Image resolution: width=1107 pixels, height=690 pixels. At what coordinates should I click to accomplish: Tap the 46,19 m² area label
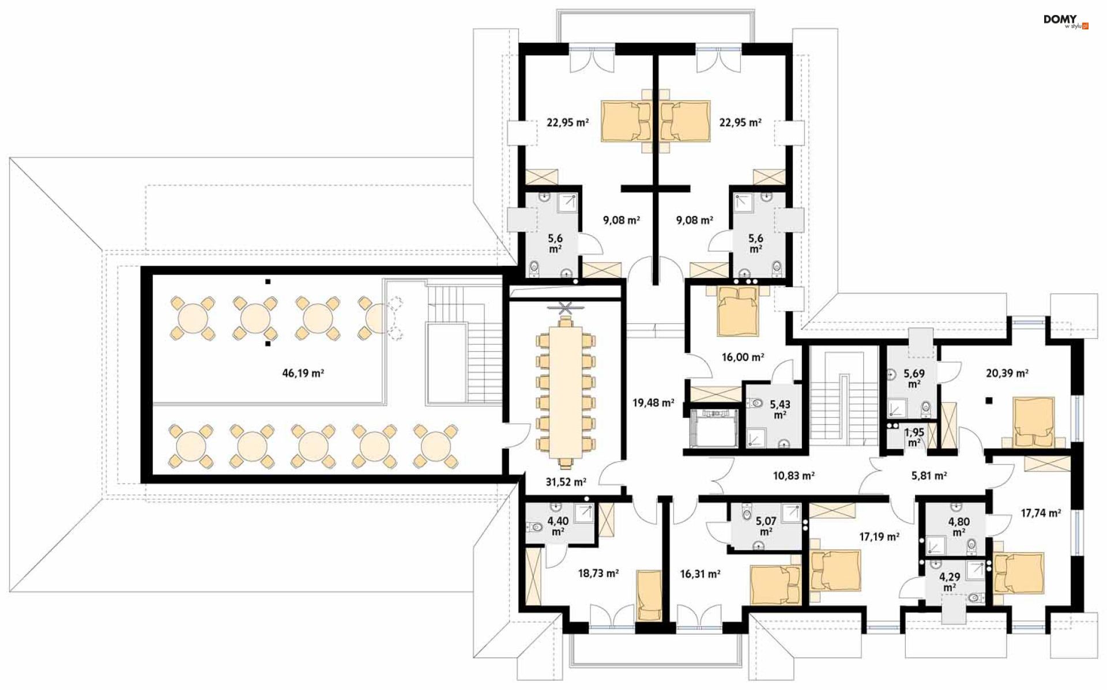(303, 373)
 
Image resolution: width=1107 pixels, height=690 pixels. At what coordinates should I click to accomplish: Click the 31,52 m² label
(566, 482)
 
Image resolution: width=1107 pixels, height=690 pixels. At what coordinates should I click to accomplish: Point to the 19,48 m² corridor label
(653, 403)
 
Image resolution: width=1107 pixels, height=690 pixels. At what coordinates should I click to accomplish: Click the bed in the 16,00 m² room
(738, 311)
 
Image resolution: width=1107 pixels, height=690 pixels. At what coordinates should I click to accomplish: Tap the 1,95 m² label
(914, 437)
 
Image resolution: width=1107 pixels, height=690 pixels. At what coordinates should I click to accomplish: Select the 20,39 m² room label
(1007, 373)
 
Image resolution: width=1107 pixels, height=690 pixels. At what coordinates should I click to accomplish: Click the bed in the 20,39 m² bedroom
(1034, 422)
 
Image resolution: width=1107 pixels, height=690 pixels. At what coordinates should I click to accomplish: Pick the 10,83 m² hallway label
(793, 476)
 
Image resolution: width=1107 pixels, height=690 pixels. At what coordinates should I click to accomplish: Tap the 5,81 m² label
(929, 476)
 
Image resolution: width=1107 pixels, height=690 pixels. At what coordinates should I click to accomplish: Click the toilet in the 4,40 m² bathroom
(534, 526)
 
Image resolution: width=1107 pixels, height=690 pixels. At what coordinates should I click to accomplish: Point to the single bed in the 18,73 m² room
(649, 595)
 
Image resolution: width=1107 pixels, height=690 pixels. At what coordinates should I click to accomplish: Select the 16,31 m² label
(700, 574)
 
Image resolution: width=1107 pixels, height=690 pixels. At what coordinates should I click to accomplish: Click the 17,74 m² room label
(1041, 512)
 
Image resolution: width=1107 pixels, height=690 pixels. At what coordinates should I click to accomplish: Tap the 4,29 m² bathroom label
(950, 582)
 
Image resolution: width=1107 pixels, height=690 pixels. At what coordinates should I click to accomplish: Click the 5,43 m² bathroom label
(780, 410)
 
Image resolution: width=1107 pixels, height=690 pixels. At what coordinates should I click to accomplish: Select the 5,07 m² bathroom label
(766, 526)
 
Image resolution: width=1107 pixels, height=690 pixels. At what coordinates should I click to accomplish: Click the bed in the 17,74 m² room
(1018, 573)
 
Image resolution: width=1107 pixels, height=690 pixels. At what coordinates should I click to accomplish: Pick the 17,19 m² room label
(879, 537)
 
